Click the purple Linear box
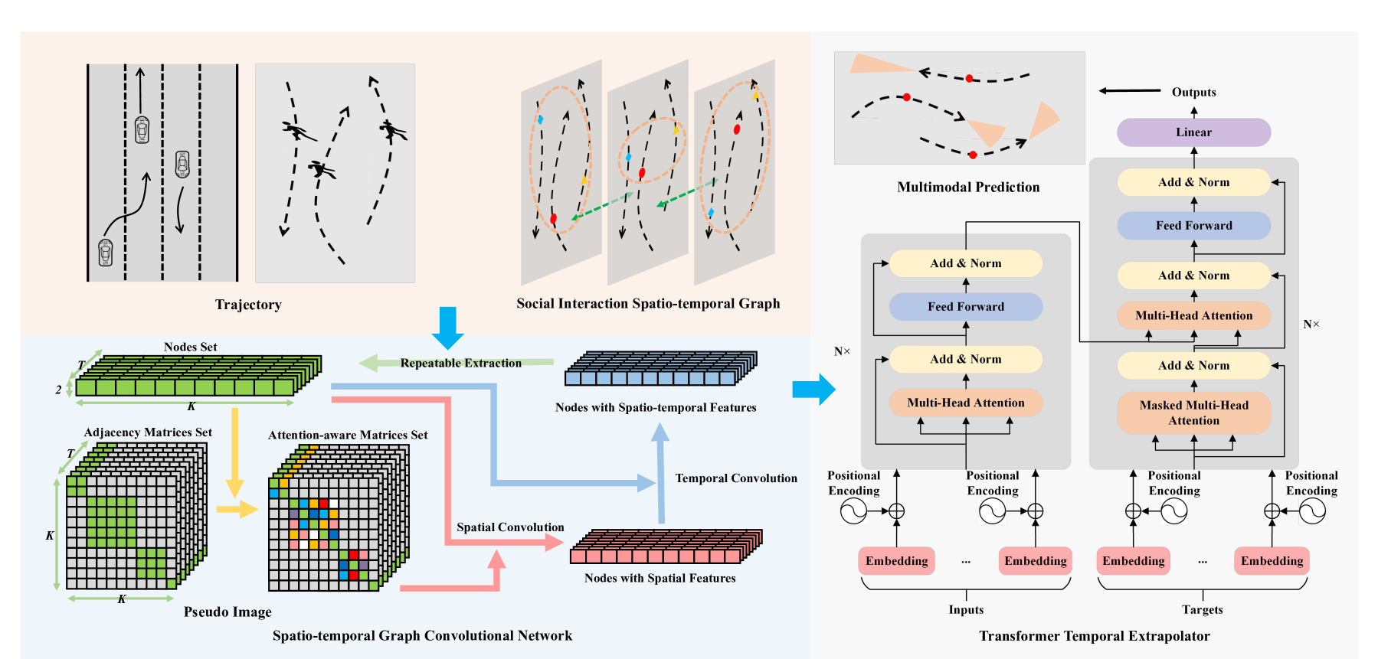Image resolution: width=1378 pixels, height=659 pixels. coord(1193,132)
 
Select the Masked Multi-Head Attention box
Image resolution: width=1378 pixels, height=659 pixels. coord(1193,413)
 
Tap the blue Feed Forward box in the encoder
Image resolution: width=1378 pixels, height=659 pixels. coord(965,307)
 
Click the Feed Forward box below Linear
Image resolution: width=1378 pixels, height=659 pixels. coord(1193,226)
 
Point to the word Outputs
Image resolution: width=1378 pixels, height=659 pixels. coord(1193,93)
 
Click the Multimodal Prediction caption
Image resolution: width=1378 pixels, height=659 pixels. coord(968,188)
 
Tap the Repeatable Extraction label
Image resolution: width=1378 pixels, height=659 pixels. coord(460,364)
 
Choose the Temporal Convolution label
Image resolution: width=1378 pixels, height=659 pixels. coord(735,478)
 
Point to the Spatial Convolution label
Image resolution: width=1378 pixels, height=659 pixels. coord(510,527)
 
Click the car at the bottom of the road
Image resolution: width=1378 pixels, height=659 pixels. coord(106,252)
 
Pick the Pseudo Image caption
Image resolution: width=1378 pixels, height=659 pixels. coord(227,612)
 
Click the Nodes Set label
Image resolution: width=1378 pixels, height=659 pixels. coord(190,347)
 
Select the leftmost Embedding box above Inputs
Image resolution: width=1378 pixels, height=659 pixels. coord(896,561)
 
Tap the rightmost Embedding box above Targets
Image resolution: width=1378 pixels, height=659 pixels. coord(1272,561)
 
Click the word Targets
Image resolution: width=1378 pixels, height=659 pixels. coord(1202,610)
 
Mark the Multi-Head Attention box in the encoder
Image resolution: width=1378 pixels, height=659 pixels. coord(965,403)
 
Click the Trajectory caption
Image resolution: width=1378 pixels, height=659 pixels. coord(248,305)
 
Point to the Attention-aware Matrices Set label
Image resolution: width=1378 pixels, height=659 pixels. coord(348,436)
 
